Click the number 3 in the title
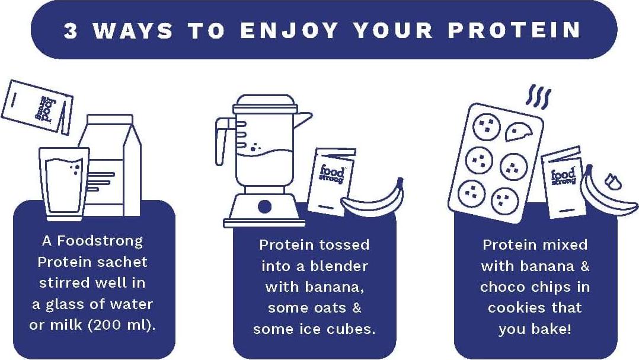[71, 31]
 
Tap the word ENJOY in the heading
[290, 31]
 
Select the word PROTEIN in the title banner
[515, 31]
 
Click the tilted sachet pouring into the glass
[37, 107]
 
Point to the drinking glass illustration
[64, 183]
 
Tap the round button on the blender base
[264, 207]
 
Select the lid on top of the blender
[265, 104]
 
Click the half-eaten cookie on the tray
[519, 131]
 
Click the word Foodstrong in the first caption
[100, 241]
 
